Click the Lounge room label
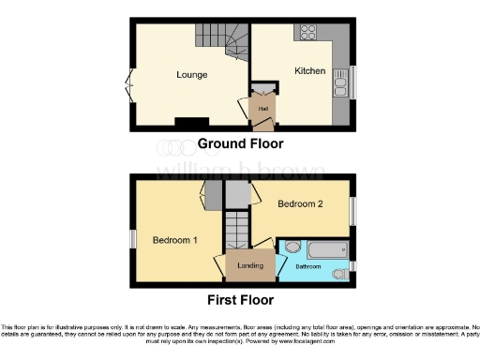coord(191,74)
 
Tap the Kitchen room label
coord(309,71)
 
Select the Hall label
coord(263,107)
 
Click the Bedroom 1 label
coord(175,240)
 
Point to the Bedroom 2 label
coord(302,203)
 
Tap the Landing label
coord(249,266)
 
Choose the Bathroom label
coord(308,267)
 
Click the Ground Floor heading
coord(240,143)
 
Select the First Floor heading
coord(241,300)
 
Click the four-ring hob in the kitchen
coord(307,33)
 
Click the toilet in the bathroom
coord(292,248)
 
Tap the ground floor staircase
coord(220,41)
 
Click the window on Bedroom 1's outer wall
coord(131,240)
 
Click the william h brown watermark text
coord(239,171)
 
